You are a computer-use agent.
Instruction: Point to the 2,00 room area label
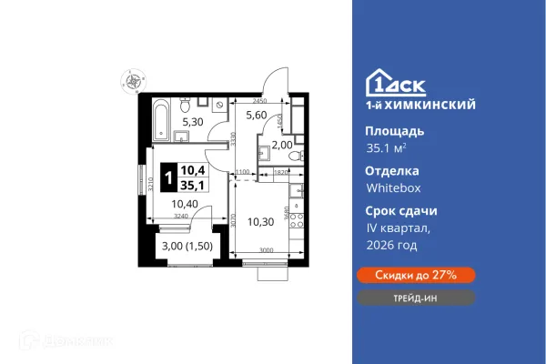282,145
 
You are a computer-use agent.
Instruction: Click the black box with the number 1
168,176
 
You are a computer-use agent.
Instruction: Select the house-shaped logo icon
379,83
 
